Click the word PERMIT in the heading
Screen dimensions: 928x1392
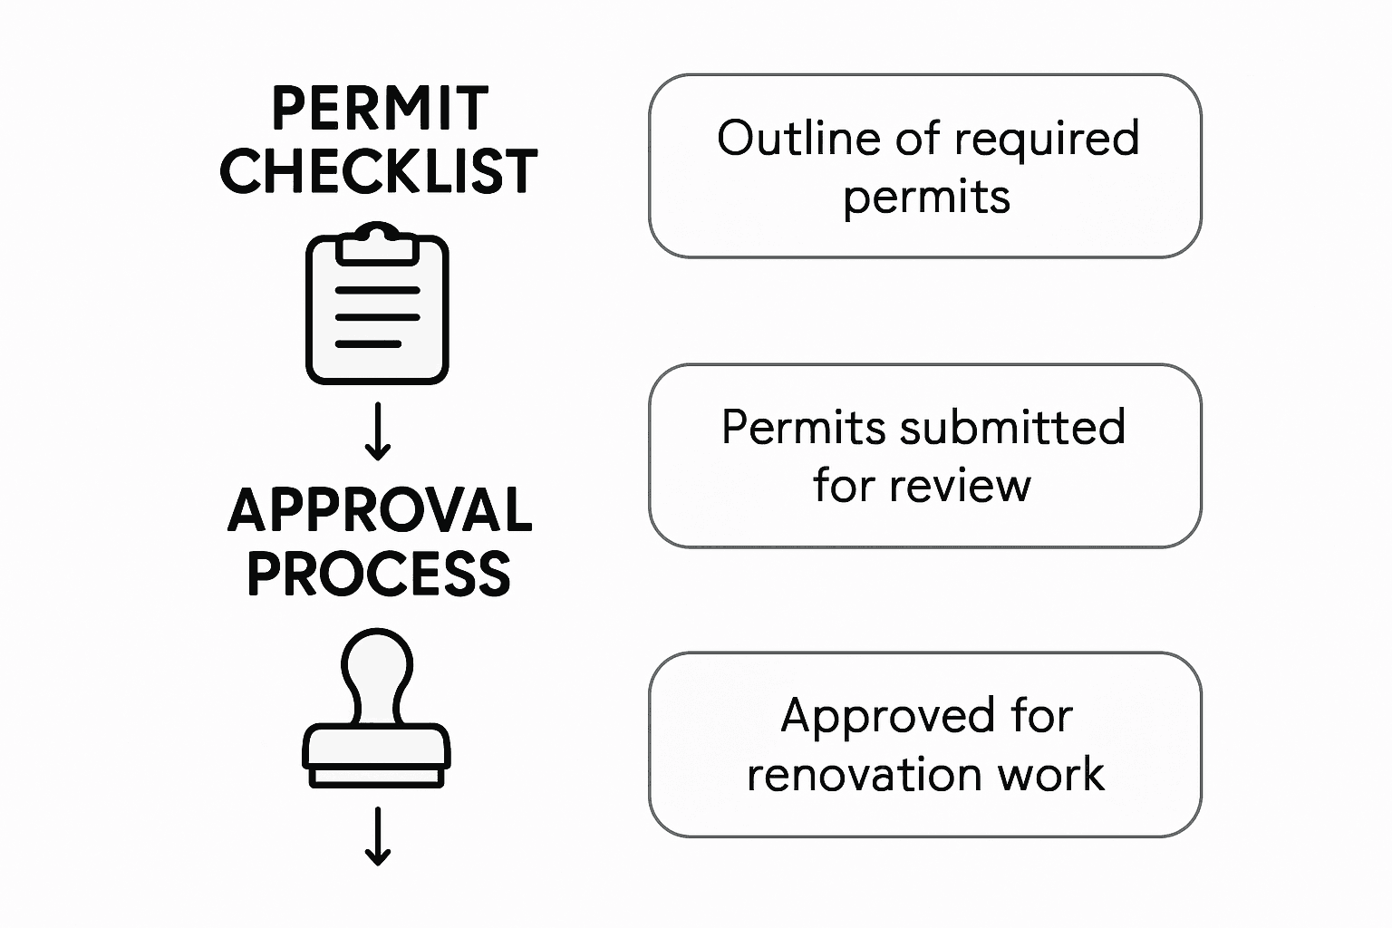pos(380,109)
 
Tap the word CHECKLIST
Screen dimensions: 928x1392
pos(379,171)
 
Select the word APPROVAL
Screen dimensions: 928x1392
pos(380,510)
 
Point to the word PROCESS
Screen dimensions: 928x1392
pos(379,574)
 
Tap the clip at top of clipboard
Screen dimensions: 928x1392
pos(377,242)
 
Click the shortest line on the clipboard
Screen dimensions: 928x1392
pos(368,344)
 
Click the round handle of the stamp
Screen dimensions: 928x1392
pos(377,662)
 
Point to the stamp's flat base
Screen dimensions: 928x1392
pos(376,776)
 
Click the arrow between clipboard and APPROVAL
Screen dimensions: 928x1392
pos(377,432)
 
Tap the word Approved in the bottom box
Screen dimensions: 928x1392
pos(875,716)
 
